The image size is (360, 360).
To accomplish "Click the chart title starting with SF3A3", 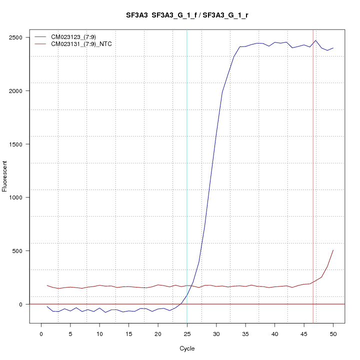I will [x=187, y=15].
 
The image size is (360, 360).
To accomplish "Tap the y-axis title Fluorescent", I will [x=5, y=176].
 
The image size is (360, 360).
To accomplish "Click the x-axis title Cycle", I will [x=187, y=348].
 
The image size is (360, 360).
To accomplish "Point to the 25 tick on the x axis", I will [x=187, y=334].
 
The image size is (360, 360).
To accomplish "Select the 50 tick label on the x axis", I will [x=333, y=334].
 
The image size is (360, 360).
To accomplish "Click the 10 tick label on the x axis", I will [x=99, y=334].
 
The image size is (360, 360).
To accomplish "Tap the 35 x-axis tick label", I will [x=245, y=334].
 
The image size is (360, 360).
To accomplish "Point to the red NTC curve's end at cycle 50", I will [x=333, y=250].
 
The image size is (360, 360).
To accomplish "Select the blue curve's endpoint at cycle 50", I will [x=333, y=48].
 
